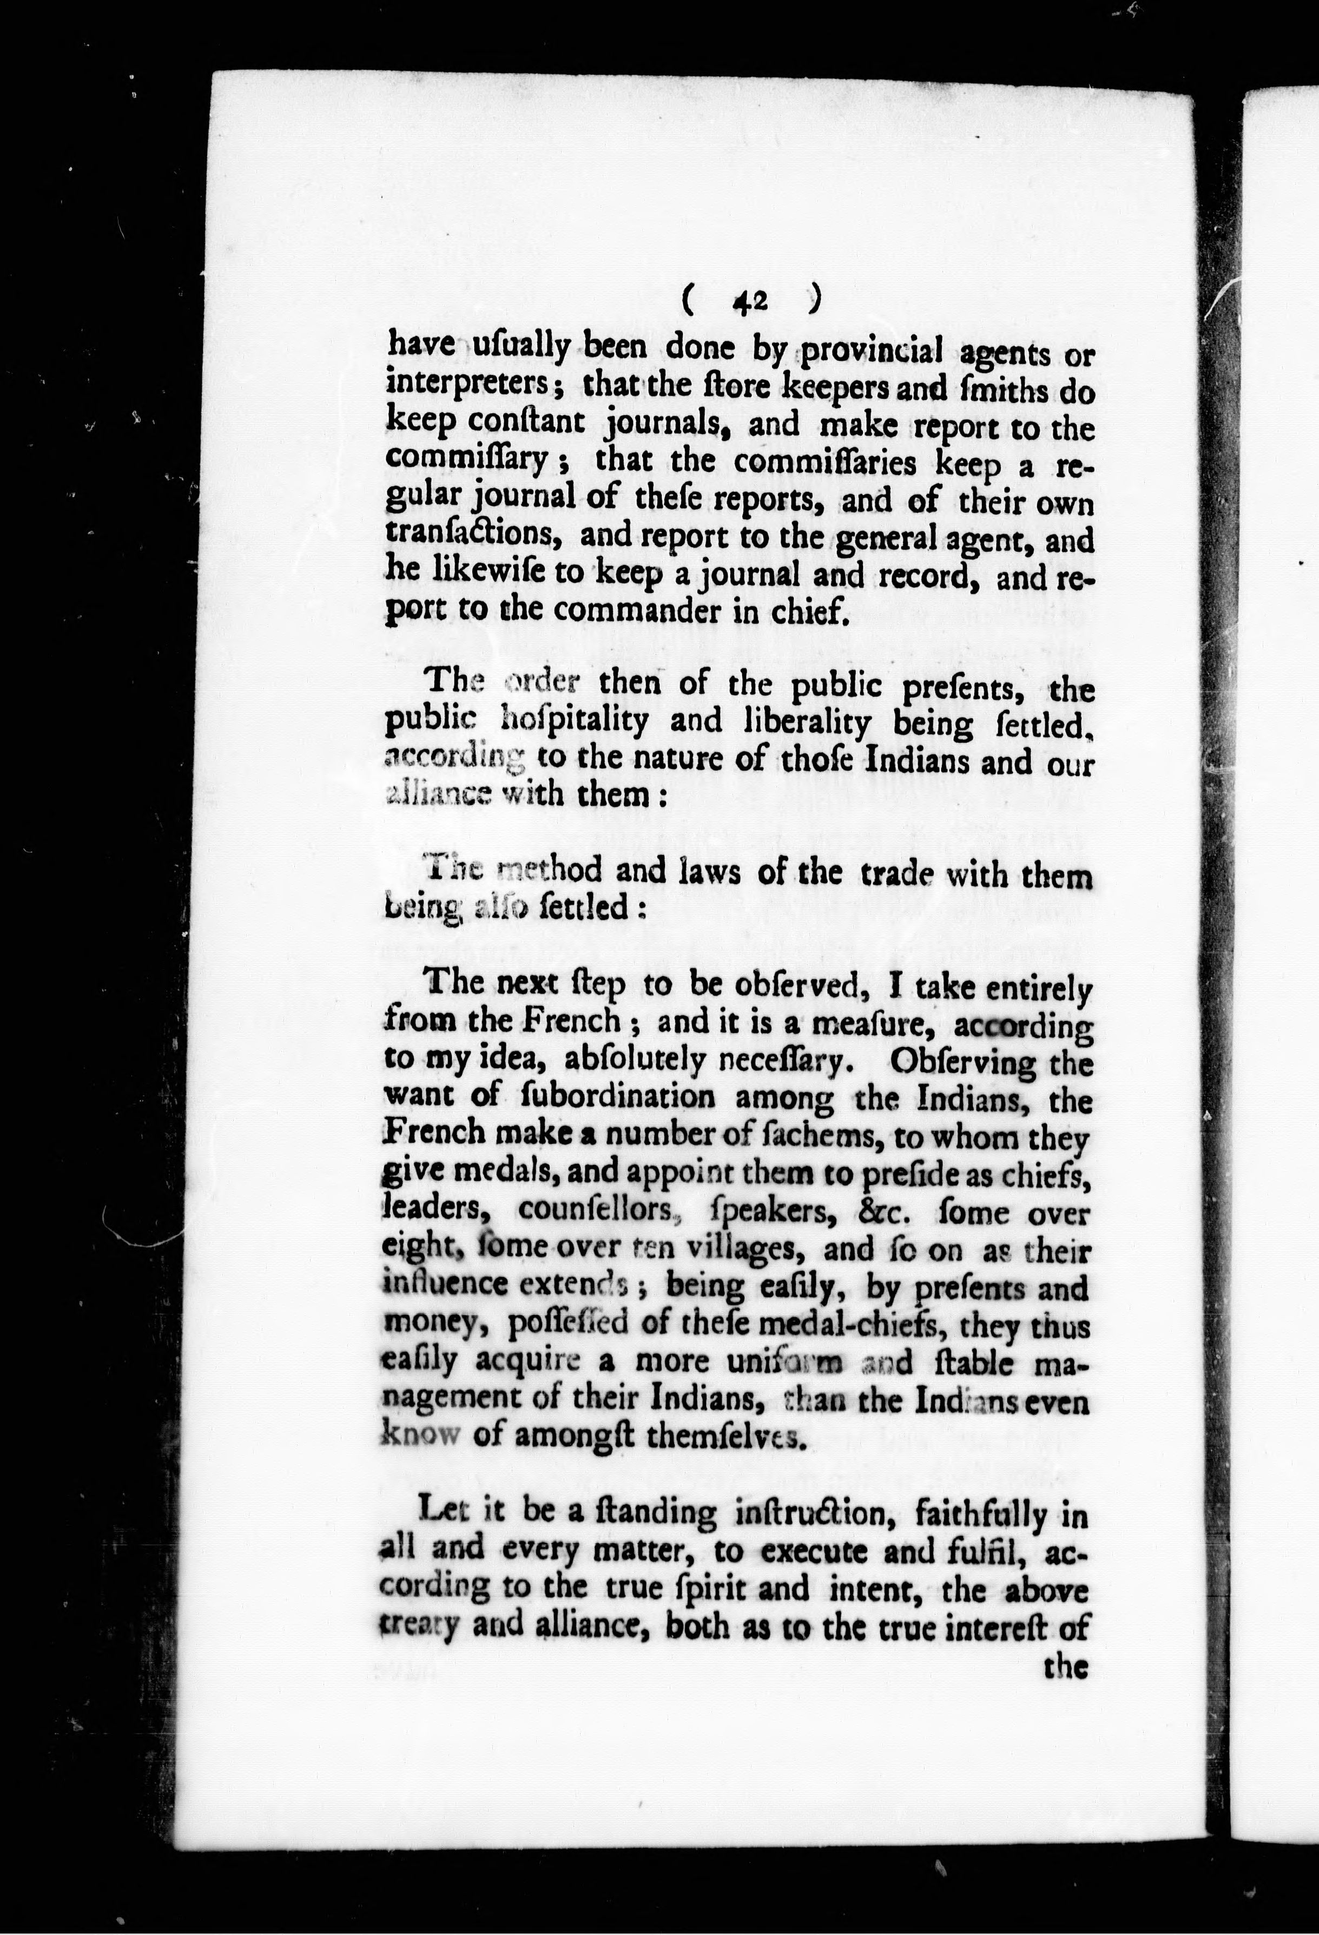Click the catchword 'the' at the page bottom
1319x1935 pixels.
(x=1066, y=1666)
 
